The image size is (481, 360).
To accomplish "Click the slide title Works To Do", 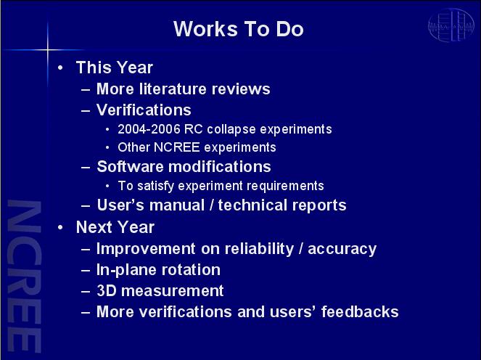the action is click(239, 29).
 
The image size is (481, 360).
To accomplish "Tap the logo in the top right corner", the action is click(451, 25).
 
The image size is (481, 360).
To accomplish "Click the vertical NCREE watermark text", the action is click(24, 276).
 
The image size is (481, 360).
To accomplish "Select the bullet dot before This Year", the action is click(60, 67).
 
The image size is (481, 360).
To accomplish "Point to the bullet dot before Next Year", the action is click(60, 227).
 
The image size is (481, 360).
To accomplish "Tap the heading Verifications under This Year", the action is click(144, 110).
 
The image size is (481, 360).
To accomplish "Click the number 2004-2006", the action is click(149, 129).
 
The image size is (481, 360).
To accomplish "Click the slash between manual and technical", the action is click(211, 205).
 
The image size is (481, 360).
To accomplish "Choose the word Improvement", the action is click(146, 249).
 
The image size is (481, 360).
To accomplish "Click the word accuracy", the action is click(342, 250).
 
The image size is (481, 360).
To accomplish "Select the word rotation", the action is click(191, 270).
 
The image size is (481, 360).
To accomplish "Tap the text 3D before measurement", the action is click(107, 290).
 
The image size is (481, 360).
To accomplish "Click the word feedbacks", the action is click(360, 311).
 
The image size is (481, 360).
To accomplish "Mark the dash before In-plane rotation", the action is click(86, 271).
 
